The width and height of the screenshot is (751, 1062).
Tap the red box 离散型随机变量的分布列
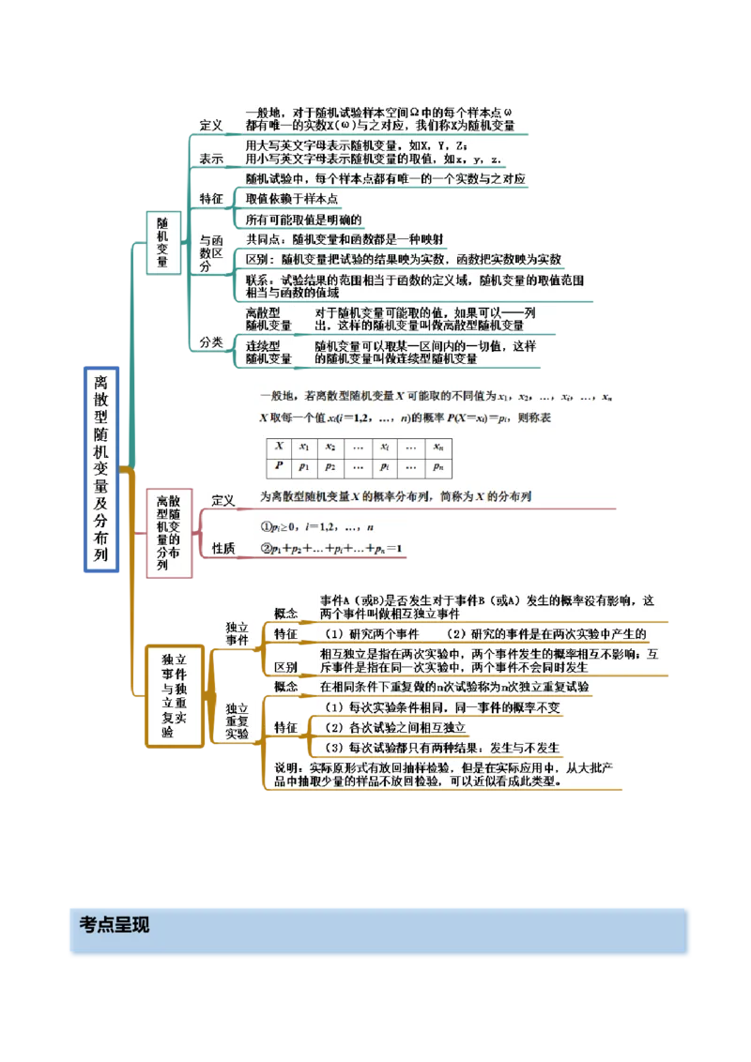click(x=168, y=532)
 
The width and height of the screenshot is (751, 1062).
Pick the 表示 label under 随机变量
click(x=211, y=159)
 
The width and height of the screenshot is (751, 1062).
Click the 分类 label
click(x=211, y=342)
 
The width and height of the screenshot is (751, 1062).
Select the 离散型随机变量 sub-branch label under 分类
click(x=268, y=319)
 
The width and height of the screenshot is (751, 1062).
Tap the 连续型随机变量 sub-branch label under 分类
click(x=268, y=352)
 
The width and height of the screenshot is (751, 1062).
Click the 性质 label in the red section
click(x=223, y=548)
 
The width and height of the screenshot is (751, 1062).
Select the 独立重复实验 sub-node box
click(x=236, y=721)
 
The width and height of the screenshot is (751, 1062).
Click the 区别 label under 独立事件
click(x=285, y=667)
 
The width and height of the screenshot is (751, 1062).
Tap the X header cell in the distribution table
click(x=279, y=448)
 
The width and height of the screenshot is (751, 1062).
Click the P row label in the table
click(x=279, y=466)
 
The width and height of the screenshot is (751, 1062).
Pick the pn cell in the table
click(x=438, y=466)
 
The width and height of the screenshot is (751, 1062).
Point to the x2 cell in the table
click(x=330, y=448)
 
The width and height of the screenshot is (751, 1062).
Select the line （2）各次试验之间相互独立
click(x=394, y=727)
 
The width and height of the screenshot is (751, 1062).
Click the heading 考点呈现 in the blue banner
click(x=115, y=925)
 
